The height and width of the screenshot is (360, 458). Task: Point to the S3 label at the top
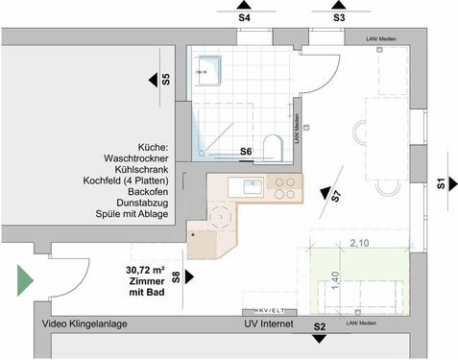[339, 17]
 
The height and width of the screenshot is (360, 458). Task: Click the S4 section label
[244, 17]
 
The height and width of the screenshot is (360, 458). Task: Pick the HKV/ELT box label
[268, 310]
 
